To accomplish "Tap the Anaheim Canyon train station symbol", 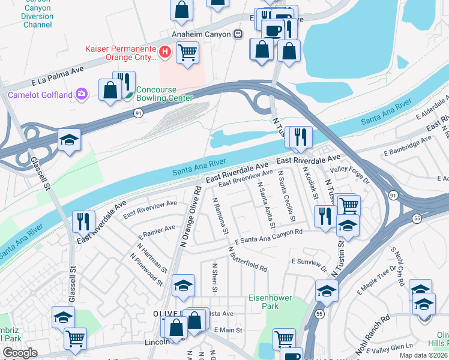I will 238,34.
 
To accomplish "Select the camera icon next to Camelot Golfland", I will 81,94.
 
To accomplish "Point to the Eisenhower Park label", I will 264,302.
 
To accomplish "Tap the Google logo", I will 20,353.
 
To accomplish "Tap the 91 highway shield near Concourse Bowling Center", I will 137,112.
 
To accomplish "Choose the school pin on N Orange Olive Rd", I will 183,285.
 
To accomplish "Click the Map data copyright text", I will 423,355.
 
